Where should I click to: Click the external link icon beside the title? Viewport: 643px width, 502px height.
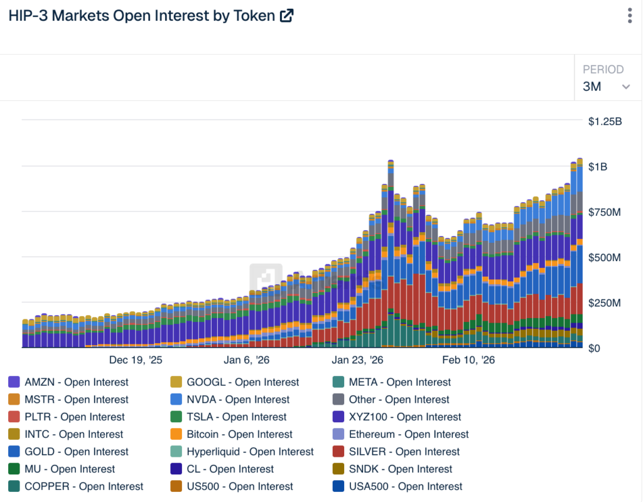coord(286,16)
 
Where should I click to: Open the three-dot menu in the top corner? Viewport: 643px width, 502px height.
coord(629,16)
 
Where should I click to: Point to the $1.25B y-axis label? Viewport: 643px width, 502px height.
coord(605,122)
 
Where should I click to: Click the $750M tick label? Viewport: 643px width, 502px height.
coord(605,213)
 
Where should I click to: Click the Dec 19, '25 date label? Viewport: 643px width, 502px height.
coord(136,360)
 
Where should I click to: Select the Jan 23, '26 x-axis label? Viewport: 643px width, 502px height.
coord(357,360)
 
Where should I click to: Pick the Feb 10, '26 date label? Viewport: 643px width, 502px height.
coord(468,360)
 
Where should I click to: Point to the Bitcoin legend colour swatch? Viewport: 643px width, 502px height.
coord(176,434)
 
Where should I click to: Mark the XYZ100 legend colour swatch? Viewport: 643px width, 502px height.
coord(338,417)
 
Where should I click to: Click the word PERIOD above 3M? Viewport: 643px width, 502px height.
coord(603,70)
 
